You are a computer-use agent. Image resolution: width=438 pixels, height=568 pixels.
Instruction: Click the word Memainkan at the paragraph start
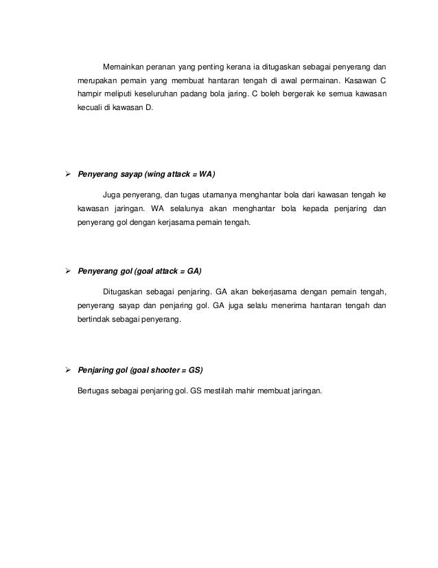pyautogui.click(x=122, y=67)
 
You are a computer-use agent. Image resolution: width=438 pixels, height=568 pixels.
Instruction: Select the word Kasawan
pyautogui.click(x=356, y=81)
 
